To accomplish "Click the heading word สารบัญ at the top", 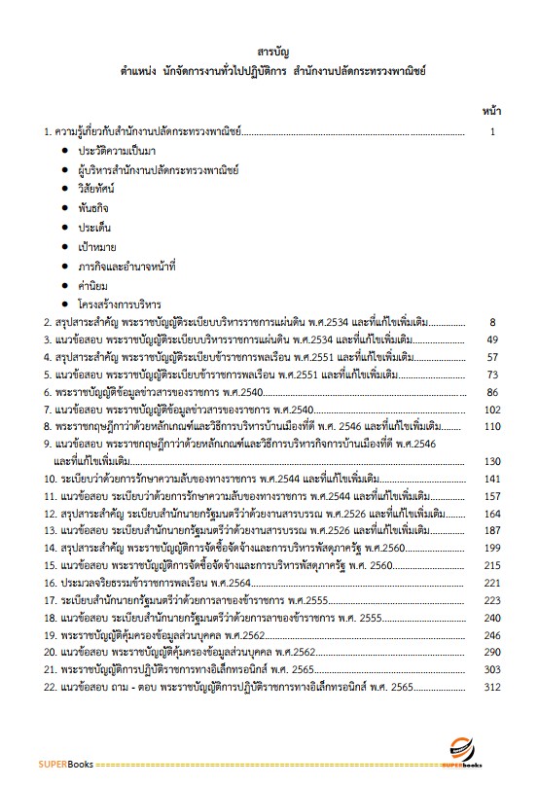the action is click(269, 52).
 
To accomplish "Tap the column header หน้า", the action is click(491, 112).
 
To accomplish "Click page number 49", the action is click(492, 339).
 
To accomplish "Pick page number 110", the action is click(491, 427).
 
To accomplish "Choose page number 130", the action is click(491, 461).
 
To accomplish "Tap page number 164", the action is click(491, 513).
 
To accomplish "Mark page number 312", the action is click(491, 688).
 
